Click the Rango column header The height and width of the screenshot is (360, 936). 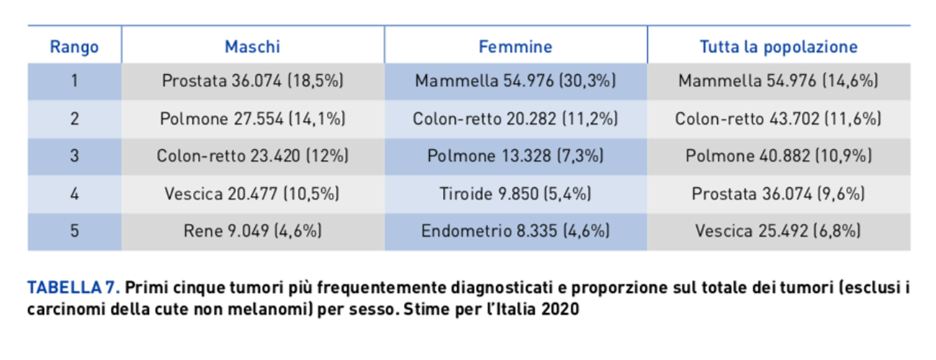[x=74, y=48]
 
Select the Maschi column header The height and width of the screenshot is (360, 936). [x=252, y=48]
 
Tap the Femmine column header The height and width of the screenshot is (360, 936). [x=516, y=48]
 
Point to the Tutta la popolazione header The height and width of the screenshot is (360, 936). [x=778, y=48]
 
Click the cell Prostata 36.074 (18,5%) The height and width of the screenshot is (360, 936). [x=252, y=81]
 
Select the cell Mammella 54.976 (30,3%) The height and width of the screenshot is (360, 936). [x=516, y=81]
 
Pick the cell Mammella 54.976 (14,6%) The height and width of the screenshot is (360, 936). [x=778, y=81]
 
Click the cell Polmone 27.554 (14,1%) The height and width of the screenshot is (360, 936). [x=252, y=119]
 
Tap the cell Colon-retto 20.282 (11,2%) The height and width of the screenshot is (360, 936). [x=516, y=119]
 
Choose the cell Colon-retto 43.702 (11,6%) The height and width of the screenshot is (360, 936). [x=778, y=119]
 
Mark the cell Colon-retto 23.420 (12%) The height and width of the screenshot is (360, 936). [x=252, y=156]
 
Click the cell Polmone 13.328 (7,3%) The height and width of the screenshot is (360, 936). [x=516, y=156]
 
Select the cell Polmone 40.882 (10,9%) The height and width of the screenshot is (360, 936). [x=778, y=156]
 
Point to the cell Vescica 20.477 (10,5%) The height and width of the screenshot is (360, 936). [x=252, y=194]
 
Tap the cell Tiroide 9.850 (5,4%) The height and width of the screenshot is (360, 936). [x=516, y=194]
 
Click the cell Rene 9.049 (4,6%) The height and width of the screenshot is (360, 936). [x=252, y=231]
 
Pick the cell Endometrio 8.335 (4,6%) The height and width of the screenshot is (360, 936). [x=516, y=231]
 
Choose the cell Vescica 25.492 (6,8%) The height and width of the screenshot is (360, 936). [x=778, y=231]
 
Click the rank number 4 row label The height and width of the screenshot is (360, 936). [x=74, y=194]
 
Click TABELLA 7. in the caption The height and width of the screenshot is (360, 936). [x=73, y=289]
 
